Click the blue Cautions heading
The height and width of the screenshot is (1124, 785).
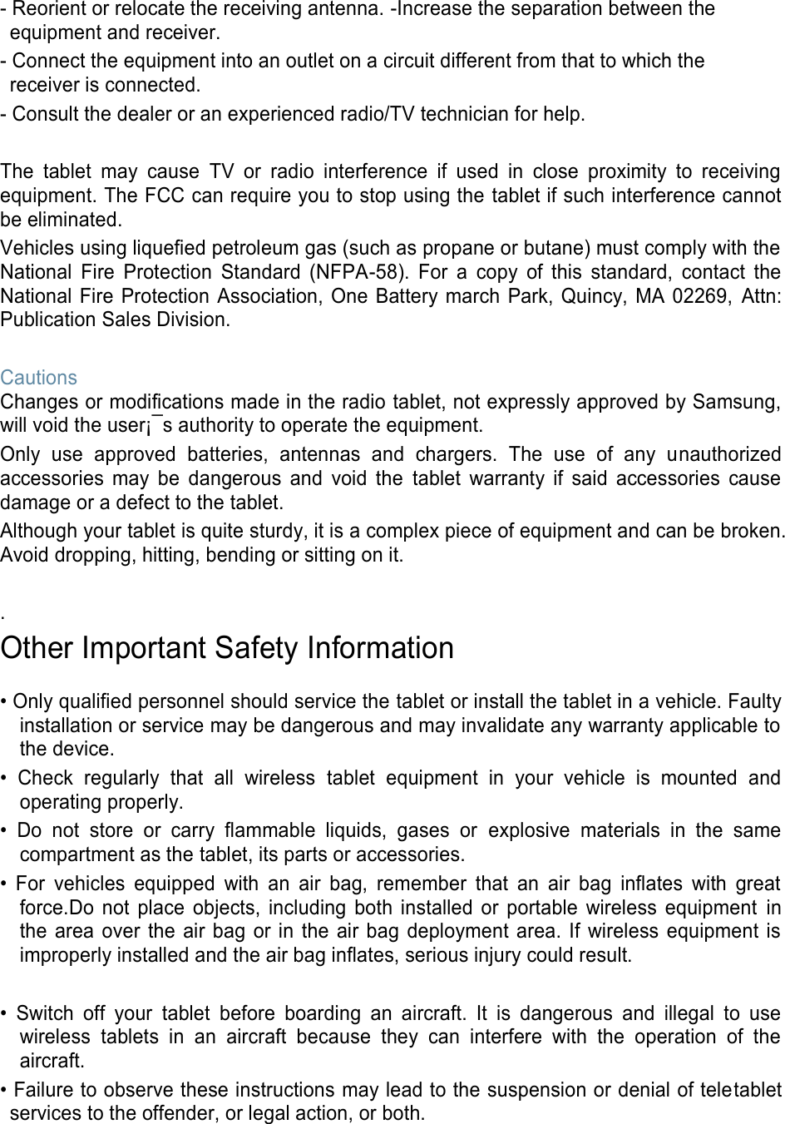click(x=39, y=378)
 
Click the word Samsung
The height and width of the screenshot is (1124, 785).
click(x=737, y=403)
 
